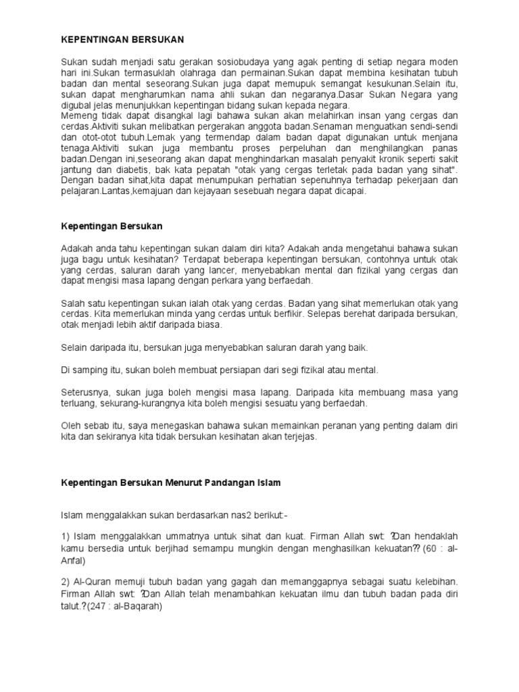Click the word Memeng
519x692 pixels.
(78, 116)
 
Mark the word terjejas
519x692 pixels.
(299, 437)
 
